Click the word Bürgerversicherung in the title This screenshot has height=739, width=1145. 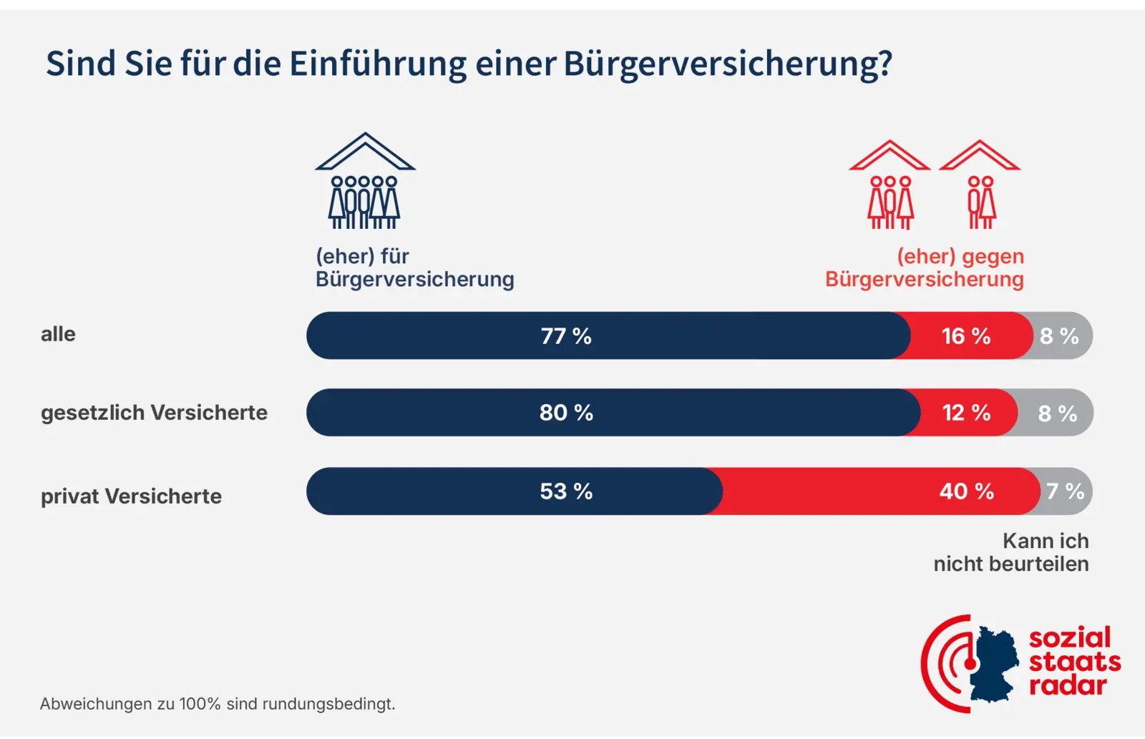click(727, 64)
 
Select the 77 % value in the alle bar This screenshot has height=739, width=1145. click(566, 336)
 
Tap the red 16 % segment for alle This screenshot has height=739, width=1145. click(966, 336)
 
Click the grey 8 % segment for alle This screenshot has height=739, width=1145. click(1060, 336)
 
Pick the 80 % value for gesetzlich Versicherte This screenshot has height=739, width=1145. click(566, 413)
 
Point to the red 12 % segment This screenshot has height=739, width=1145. click(967, 413)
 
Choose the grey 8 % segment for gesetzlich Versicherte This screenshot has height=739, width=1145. click(1058, 413)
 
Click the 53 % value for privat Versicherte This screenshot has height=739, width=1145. click(566, 491)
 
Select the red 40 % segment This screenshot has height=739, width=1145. click(966, 491)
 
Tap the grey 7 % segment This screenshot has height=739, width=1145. click(1065, 491)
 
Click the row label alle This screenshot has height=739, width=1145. click(58, 334)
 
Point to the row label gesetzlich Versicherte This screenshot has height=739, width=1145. click(154, 413)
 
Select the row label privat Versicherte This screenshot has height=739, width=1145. click(131, 496)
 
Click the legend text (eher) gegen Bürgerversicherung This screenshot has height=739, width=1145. click(925, 268)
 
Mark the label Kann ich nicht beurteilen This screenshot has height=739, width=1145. click(1011, 552)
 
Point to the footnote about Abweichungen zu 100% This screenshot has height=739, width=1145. click(218, 704)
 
